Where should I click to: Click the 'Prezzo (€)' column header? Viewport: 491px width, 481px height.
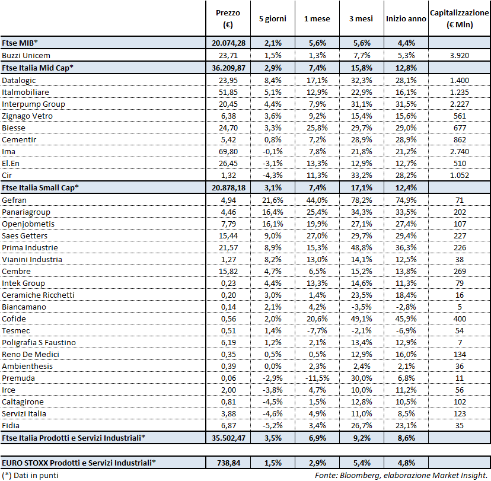[227, 19]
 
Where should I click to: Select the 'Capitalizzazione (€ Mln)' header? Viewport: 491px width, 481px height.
[459, 19]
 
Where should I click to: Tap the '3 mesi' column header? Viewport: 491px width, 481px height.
[361, 19]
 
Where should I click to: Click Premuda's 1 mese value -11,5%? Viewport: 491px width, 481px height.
[316, 378]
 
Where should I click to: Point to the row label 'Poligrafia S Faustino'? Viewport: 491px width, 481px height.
[39, 342]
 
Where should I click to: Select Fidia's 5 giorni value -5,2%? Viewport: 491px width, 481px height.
[272, 425]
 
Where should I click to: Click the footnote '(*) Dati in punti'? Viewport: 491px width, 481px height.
[30, 475]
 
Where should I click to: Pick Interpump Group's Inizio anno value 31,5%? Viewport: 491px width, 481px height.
[406, 104]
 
